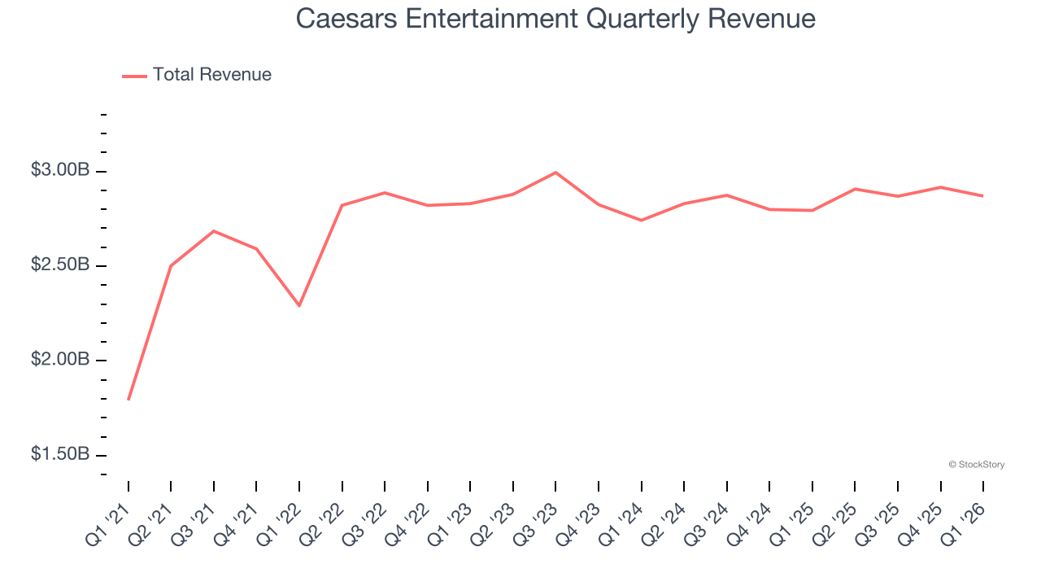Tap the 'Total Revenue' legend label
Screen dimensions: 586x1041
(x=211, y=75)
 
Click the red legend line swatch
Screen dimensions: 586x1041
(x=134, y=76)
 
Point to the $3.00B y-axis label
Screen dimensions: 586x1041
(x=60, y=171)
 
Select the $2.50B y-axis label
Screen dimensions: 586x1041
(x=60, y=265)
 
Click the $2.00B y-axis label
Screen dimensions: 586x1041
(x=60, y=360)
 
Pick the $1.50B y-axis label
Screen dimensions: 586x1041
(x=60, y=454)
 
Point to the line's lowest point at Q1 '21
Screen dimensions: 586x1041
(x=128, y=400)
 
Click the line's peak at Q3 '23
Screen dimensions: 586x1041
(x=555, y=173)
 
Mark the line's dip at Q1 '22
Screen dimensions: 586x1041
(x=299, y=305)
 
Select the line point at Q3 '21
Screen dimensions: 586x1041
(x=214, y=231)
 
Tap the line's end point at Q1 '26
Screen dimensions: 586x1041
(x=983, y=196)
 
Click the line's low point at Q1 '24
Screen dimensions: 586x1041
(x=642, y=220)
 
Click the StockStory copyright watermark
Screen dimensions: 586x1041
(x=976, y=465)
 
